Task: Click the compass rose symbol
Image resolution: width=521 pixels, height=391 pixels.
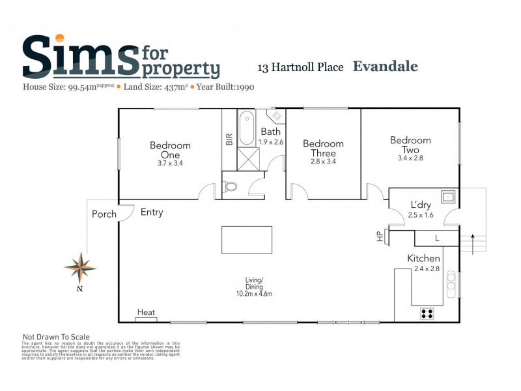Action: click(80, 267)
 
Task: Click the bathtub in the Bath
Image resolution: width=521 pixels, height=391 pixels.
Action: click(246, 129)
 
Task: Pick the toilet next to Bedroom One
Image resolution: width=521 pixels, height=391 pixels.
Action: click(231, 186)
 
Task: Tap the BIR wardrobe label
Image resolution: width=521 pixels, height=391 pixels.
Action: click(229, 139)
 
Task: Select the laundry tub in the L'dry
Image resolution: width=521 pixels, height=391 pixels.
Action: click(449, 195)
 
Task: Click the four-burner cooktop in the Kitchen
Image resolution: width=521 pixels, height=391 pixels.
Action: click(427, 313)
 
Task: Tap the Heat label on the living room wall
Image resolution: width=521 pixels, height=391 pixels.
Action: click(146, 313)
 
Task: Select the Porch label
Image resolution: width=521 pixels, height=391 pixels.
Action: click(104, 214)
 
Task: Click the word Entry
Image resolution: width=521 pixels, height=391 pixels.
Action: click(152, 212)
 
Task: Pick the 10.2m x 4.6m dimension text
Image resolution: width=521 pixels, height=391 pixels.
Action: click(258, 294)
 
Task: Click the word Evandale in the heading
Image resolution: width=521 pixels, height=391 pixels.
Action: click(385, 66)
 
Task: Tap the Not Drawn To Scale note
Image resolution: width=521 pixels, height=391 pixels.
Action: click(56, 337)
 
